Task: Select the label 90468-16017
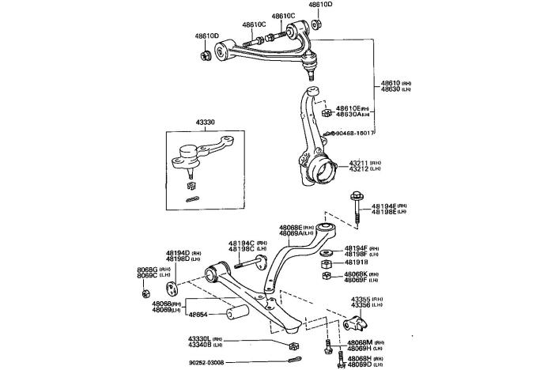click(x=353, y=133)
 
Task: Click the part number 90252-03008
click(x=206, y=362)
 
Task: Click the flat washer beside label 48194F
click(x=327, y=251)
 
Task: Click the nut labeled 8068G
click(x=145, y=294)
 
